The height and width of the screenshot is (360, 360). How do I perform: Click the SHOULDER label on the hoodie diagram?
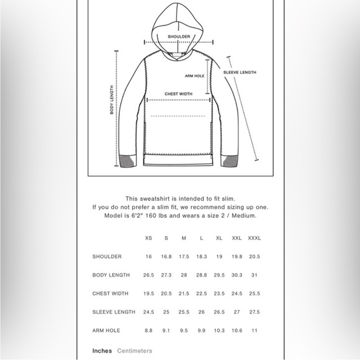point(179,37)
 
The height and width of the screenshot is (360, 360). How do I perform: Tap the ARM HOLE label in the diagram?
point(195,76)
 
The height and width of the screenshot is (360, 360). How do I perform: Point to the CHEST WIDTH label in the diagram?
point(178,94)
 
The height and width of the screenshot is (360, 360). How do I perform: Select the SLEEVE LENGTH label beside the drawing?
point(240,72)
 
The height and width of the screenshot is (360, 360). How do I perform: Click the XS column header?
point(148,238)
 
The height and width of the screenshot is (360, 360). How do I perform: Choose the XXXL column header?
point(254,238)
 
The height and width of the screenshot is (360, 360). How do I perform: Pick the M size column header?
point(184,238)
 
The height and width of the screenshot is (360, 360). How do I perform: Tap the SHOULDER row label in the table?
point(107,256)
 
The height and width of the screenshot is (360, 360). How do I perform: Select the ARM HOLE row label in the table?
point(106,331)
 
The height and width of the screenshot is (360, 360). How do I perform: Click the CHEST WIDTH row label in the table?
point(110,294)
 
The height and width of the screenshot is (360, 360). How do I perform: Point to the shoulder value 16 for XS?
point(148,256)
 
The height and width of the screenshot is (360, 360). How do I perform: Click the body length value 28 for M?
point(184,275)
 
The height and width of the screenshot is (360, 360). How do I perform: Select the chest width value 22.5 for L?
point(201,294)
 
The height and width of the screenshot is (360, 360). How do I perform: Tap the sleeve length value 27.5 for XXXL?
point(254,312)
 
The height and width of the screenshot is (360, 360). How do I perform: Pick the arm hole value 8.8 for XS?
point(148,331)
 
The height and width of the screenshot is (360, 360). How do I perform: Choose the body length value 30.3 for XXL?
point(237,275)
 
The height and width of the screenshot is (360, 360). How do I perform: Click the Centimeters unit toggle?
point(135,351)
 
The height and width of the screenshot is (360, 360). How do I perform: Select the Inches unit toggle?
point(102,351)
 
